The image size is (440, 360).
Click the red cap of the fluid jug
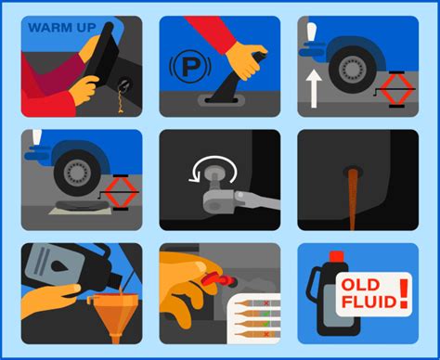point(337,256)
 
